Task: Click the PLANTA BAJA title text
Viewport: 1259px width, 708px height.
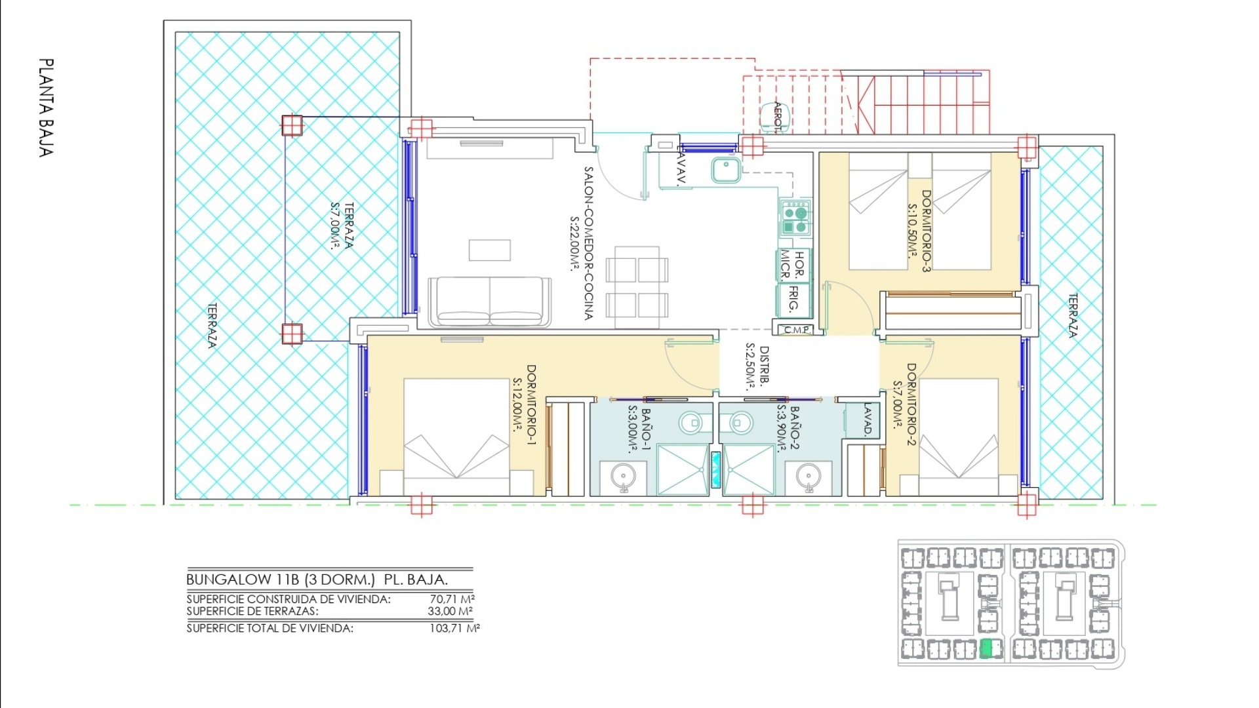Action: tap(46, 108)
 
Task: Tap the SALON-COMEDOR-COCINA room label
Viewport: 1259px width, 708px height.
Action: tap(588, 243)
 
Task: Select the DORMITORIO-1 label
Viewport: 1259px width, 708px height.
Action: tap(531, 406)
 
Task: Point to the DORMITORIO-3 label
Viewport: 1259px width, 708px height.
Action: tap(926, 231)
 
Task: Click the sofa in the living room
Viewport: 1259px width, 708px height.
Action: tap(489, 302)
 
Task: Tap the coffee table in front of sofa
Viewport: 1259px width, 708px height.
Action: tap(489, 250)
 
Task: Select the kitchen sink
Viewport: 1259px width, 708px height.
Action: tap(726, 170)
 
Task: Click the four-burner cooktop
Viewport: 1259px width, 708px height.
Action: tap(795, 218)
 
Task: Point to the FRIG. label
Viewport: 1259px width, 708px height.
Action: tap(793, 299)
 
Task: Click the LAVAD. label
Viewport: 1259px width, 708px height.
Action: tap(868, 420)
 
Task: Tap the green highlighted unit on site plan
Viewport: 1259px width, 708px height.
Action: tap(986, 649)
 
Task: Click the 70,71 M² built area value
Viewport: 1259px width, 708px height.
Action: tap(452, 599)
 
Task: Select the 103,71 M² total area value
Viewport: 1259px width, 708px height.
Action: tap(454, 628)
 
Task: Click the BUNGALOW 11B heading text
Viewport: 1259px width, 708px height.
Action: tap(243, 580)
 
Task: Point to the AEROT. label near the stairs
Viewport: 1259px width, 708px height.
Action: tap(778, 117)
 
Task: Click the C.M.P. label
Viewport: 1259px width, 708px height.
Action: tap(797, 329)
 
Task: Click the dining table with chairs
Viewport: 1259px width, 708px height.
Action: tap(637, 287)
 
